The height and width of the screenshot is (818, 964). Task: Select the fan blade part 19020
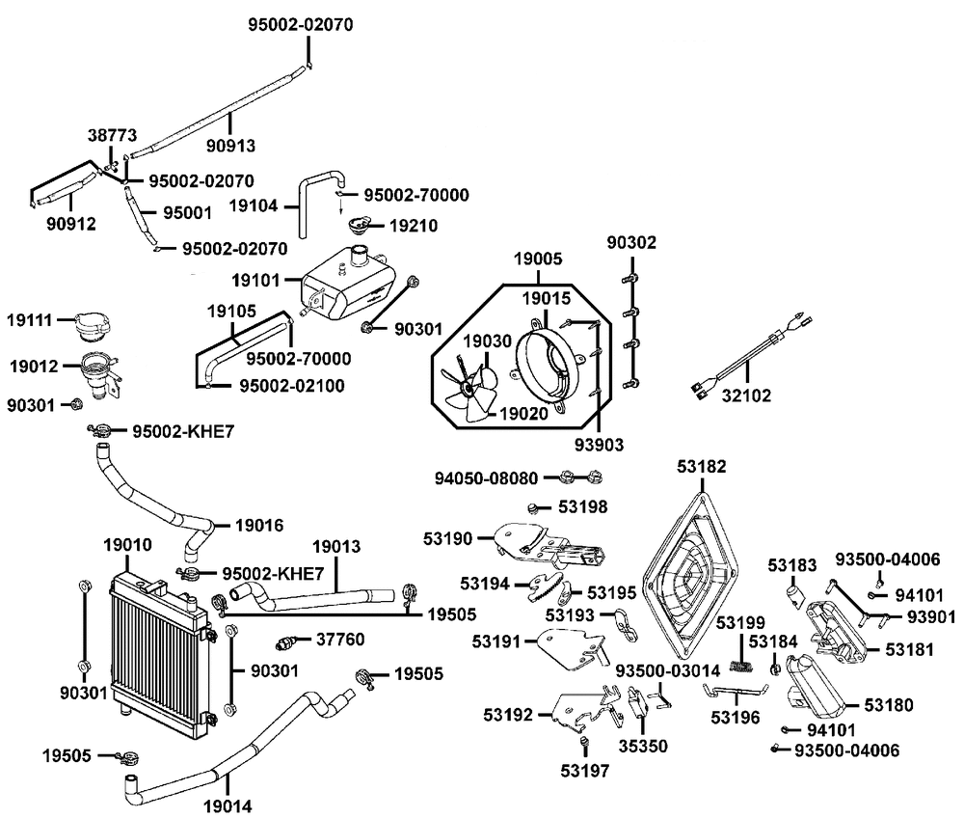(x=469, y=389)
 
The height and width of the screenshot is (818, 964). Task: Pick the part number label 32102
(x=746, y=395)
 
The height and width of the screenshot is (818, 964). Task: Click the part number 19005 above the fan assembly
(x=538, y=259)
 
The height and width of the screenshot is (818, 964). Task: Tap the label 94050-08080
(x=486, y=477)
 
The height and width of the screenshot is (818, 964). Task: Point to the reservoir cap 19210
(x=359, y=225)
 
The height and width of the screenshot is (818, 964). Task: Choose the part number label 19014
(x=228, y=805)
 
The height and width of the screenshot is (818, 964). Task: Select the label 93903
(x=599, y=444)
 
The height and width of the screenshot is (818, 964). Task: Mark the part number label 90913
(x=230, y=146)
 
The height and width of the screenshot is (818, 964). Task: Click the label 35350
(x=643, y=746)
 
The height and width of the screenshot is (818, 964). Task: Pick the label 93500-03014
(x=663, y=669)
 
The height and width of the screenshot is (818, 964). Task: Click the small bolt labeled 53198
(x=534, y=508)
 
